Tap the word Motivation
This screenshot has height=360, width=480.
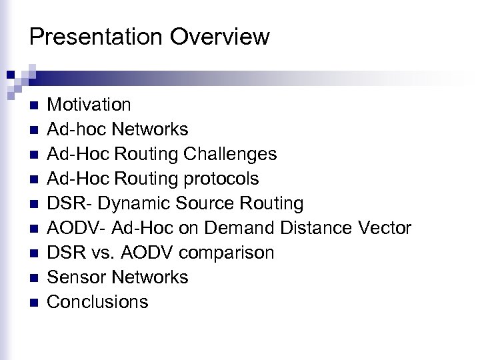pos(90,104)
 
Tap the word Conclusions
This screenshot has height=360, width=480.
pos(98,302)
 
